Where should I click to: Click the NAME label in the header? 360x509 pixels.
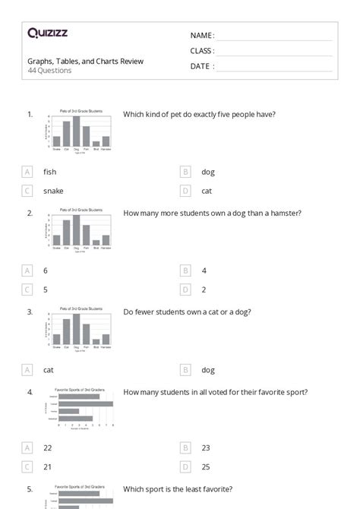coord(202,36)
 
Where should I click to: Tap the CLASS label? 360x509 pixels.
coord(202,51)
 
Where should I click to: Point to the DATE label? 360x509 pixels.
coord(201,66)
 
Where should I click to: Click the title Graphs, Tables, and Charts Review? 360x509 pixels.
coord(85,61)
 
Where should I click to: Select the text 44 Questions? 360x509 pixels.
coord(49,71)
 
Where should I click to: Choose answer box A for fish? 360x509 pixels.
coord(28,172)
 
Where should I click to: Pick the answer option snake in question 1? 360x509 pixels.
coord(53,191)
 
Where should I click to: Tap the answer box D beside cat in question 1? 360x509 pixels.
coord(185,191)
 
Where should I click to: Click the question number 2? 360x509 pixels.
coord(30,213)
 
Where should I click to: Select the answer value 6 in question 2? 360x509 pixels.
coord(46,270)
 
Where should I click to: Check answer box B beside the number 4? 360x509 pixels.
coord(185,270)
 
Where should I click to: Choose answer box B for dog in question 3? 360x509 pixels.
coord(185,370)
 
